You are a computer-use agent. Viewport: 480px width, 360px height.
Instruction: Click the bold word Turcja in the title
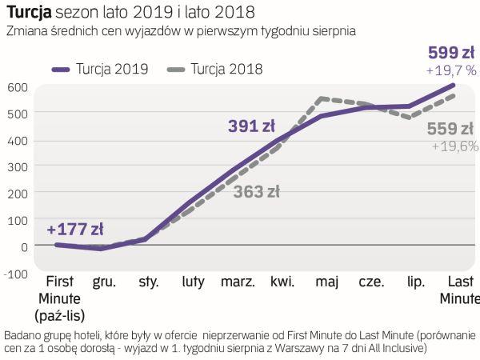(x=29, y=13)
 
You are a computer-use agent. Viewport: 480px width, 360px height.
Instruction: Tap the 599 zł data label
(x=452, y=53)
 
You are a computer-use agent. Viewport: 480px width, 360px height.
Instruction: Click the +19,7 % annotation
(x=452, y=70)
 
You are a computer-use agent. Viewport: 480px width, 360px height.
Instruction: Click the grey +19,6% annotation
(x=454, y=146)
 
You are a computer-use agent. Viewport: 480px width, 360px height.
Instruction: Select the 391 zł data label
(x=251, y=126)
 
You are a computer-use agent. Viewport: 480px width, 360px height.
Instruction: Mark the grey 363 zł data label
(x=256, y=191)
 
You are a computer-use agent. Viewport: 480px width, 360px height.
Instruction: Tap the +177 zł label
(x=75, y=229)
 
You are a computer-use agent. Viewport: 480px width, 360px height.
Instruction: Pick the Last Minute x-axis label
(x=458, y=290)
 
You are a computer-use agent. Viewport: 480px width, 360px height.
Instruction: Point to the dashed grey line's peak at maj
(x=321, y=99)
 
